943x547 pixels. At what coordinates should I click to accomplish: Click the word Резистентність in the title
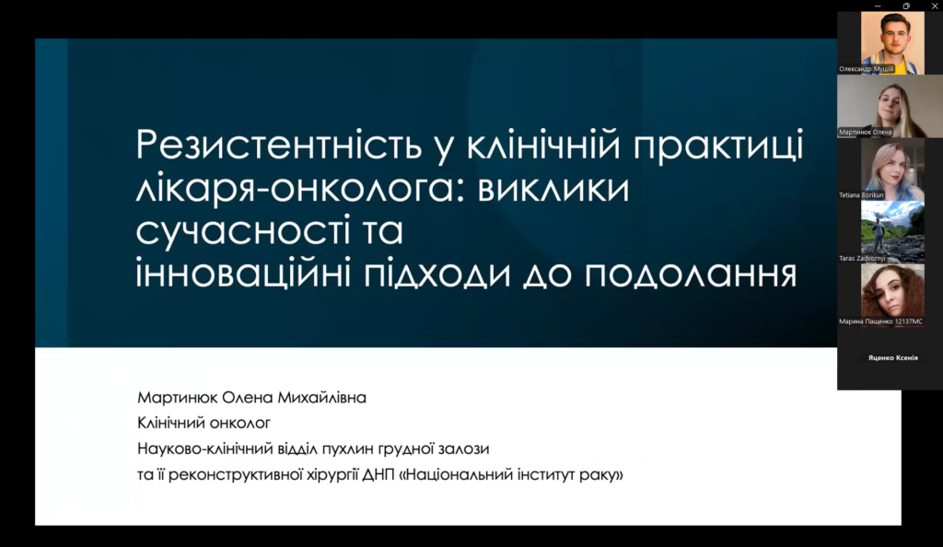click(278, 145)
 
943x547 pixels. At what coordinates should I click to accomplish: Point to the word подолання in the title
click(691, 273)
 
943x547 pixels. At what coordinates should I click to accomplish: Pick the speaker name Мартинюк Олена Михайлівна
click(251, 397)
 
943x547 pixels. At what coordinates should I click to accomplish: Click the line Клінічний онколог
click(204, 424)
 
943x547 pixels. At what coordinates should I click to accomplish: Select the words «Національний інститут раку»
click(511, 474)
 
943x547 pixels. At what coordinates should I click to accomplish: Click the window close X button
click(935, 6)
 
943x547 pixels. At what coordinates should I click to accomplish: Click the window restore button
click(906, 6)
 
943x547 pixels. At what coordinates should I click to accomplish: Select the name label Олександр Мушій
click(866, 69)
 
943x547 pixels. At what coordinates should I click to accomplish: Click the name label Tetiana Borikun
click(861, 194)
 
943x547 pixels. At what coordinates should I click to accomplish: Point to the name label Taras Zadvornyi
click(862, 258)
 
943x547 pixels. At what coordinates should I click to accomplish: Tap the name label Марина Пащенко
click(866, 321)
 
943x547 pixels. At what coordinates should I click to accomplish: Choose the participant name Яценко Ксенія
click(892, 357)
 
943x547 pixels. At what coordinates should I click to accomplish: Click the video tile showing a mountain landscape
click(892, 232)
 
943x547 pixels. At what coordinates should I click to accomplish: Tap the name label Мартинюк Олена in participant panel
click(866, 133)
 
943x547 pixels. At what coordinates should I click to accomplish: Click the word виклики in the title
click(553, 189)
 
